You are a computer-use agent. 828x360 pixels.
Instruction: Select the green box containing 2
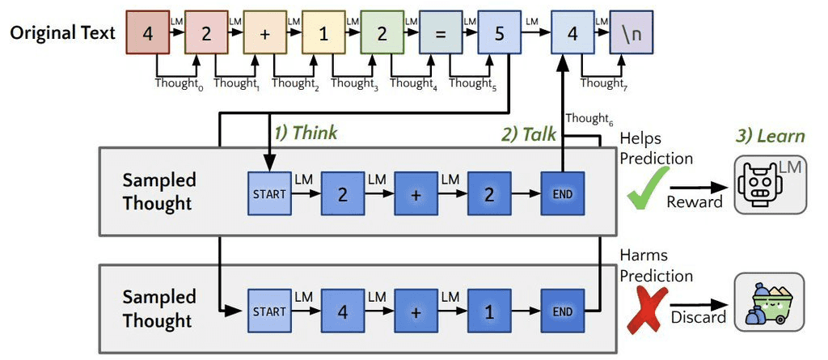click(x=382, y=33)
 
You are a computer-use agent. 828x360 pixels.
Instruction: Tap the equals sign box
click(x=441, y=33)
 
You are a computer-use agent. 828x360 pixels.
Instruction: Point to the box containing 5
click(x=500, y=33)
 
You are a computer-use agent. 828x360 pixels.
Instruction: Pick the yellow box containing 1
click(x=323, y=33)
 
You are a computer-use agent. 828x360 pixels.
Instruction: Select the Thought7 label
click(x=602, y=83)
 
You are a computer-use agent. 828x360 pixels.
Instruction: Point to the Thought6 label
click(x=587, y=118)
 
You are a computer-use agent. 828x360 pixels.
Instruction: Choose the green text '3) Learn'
click(x=768, y=136)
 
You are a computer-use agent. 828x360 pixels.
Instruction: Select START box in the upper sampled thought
click(x=268, y=194)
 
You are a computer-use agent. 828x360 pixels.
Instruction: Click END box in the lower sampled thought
click(x=561, y=311)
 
